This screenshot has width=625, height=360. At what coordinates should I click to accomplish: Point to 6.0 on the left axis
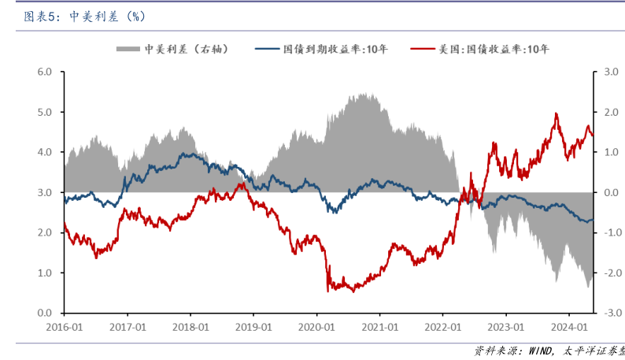click(45, 72)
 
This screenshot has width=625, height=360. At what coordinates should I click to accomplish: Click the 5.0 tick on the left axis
click(45, 112)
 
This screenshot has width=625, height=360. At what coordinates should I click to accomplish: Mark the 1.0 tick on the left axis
click(45, 273)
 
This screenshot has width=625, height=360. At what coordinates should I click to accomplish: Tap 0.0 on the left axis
click(45, 313)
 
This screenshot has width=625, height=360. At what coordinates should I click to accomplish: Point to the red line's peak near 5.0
click(557, 113)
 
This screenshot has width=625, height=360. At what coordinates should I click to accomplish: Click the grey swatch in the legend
click(128, 49)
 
